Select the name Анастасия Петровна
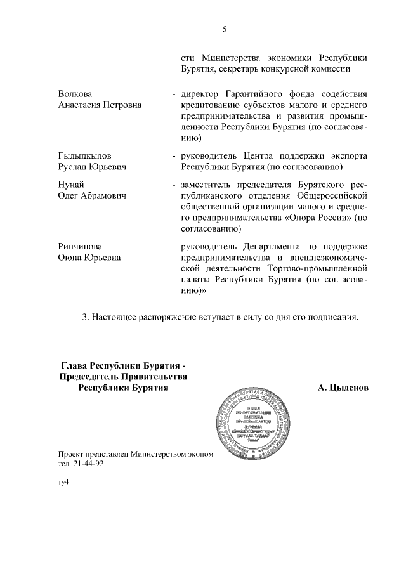(100, 105)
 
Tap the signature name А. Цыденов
(343, 387)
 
